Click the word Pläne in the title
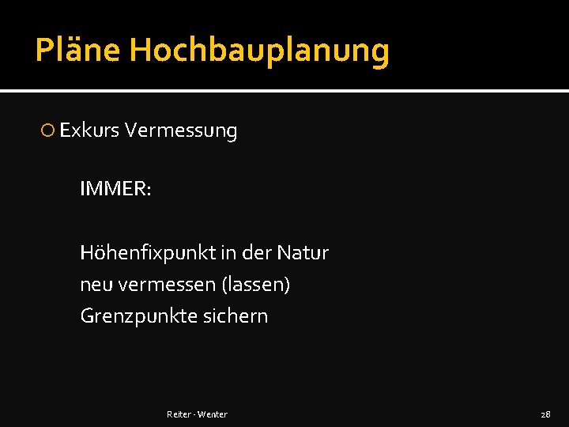pos(77,51)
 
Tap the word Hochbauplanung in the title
pos(259,51)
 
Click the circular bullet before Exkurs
pos(48,130)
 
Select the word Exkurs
pos(89,130)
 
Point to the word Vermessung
pos(181,131)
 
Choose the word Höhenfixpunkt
pos(148,253)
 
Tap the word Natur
pos(303,253)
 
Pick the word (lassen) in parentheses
pos(258,285)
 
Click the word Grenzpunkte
pos(132,316)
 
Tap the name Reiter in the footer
pos(179,414)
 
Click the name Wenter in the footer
pos(213,414)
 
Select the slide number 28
pos(545,414)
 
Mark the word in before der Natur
pos(228,253)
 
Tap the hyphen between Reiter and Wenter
pos(194,414)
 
